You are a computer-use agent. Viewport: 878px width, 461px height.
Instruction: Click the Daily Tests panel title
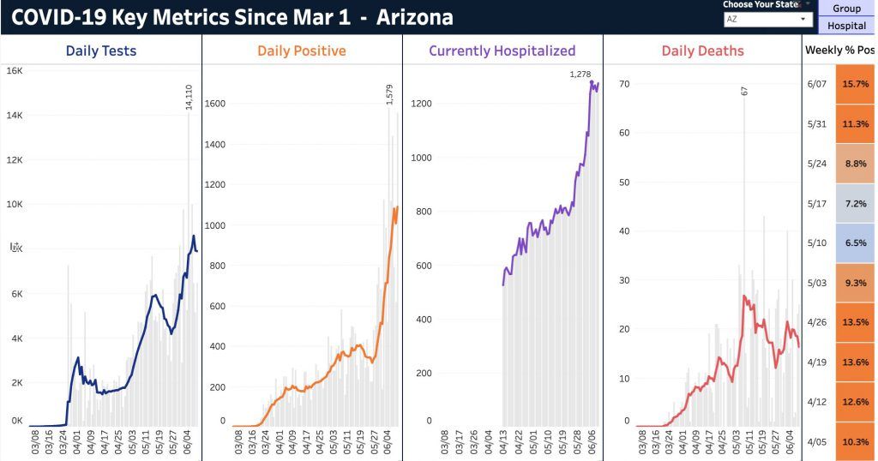(x=101, y=51)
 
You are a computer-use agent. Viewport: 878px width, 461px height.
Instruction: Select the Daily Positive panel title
(x=302, y=51)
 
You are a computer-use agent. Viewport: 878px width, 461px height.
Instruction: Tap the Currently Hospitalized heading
(x=502, y=51)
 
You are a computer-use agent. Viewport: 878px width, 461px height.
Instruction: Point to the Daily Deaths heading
(x=702, y=51)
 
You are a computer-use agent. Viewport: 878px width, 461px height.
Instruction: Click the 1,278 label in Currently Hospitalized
(x=580, y=75)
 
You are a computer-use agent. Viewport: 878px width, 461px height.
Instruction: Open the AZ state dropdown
(x=767, y=19)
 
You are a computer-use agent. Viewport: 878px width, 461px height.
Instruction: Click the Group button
(x=846, y=9)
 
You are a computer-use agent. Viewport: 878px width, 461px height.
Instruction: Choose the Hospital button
(x=846, y=26)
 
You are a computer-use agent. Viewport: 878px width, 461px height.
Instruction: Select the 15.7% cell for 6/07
(x=855, y=84)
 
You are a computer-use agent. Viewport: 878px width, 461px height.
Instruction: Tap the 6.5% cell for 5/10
(x=855, y=242)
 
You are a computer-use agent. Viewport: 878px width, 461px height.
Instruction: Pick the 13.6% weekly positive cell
(x=855, y=362)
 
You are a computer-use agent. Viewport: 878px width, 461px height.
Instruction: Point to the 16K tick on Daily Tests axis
(x=15, y=71)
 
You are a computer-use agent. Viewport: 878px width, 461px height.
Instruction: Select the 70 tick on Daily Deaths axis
(x=624, y=84)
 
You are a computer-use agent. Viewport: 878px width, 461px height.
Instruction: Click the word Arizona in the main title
(x=414, y=18)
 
